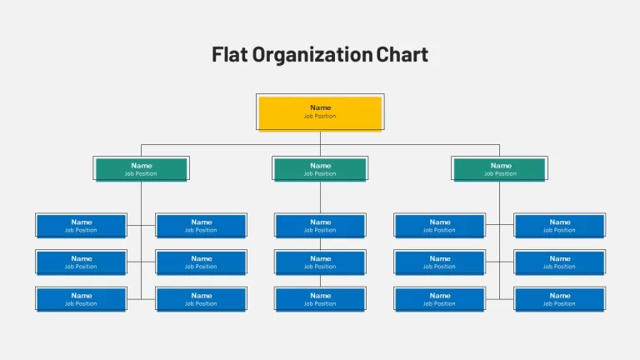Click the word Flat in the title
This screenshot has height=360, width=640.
click(229, 54)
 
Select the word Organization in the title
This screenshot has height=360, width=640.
click(312, 55)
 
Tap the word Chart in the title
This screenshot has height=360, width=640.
click(402, 54)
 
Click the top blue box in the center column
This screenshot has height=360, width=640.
click(320, 226)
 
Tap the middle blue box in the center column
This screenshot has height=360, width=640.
click(320, 262)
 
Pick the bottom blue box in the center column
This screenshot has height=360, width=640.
click(320, 300)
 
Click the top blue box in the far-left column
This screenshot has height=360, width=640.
click(81, 226)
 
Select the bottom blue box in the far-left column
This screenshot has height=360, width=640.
click(81, 300)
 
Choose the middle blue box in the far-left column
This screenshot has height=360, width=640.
click(81, 262)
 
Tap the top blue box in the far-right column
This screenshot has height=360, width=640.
click(560, 226)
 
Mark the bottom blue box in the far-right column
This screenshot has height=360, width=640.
click(560, 300)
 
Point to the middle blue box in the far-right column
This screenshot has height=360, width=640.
click(560, 262)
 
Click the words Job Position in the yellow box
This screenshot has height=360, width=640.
click(320, 117)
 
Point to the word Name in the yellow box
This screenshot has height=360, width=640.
click(320, 107)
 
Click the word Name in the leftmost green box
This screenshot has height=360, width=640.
click(141, 166)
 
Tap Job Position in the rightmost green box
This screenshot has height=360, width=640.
click(500, 174)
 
